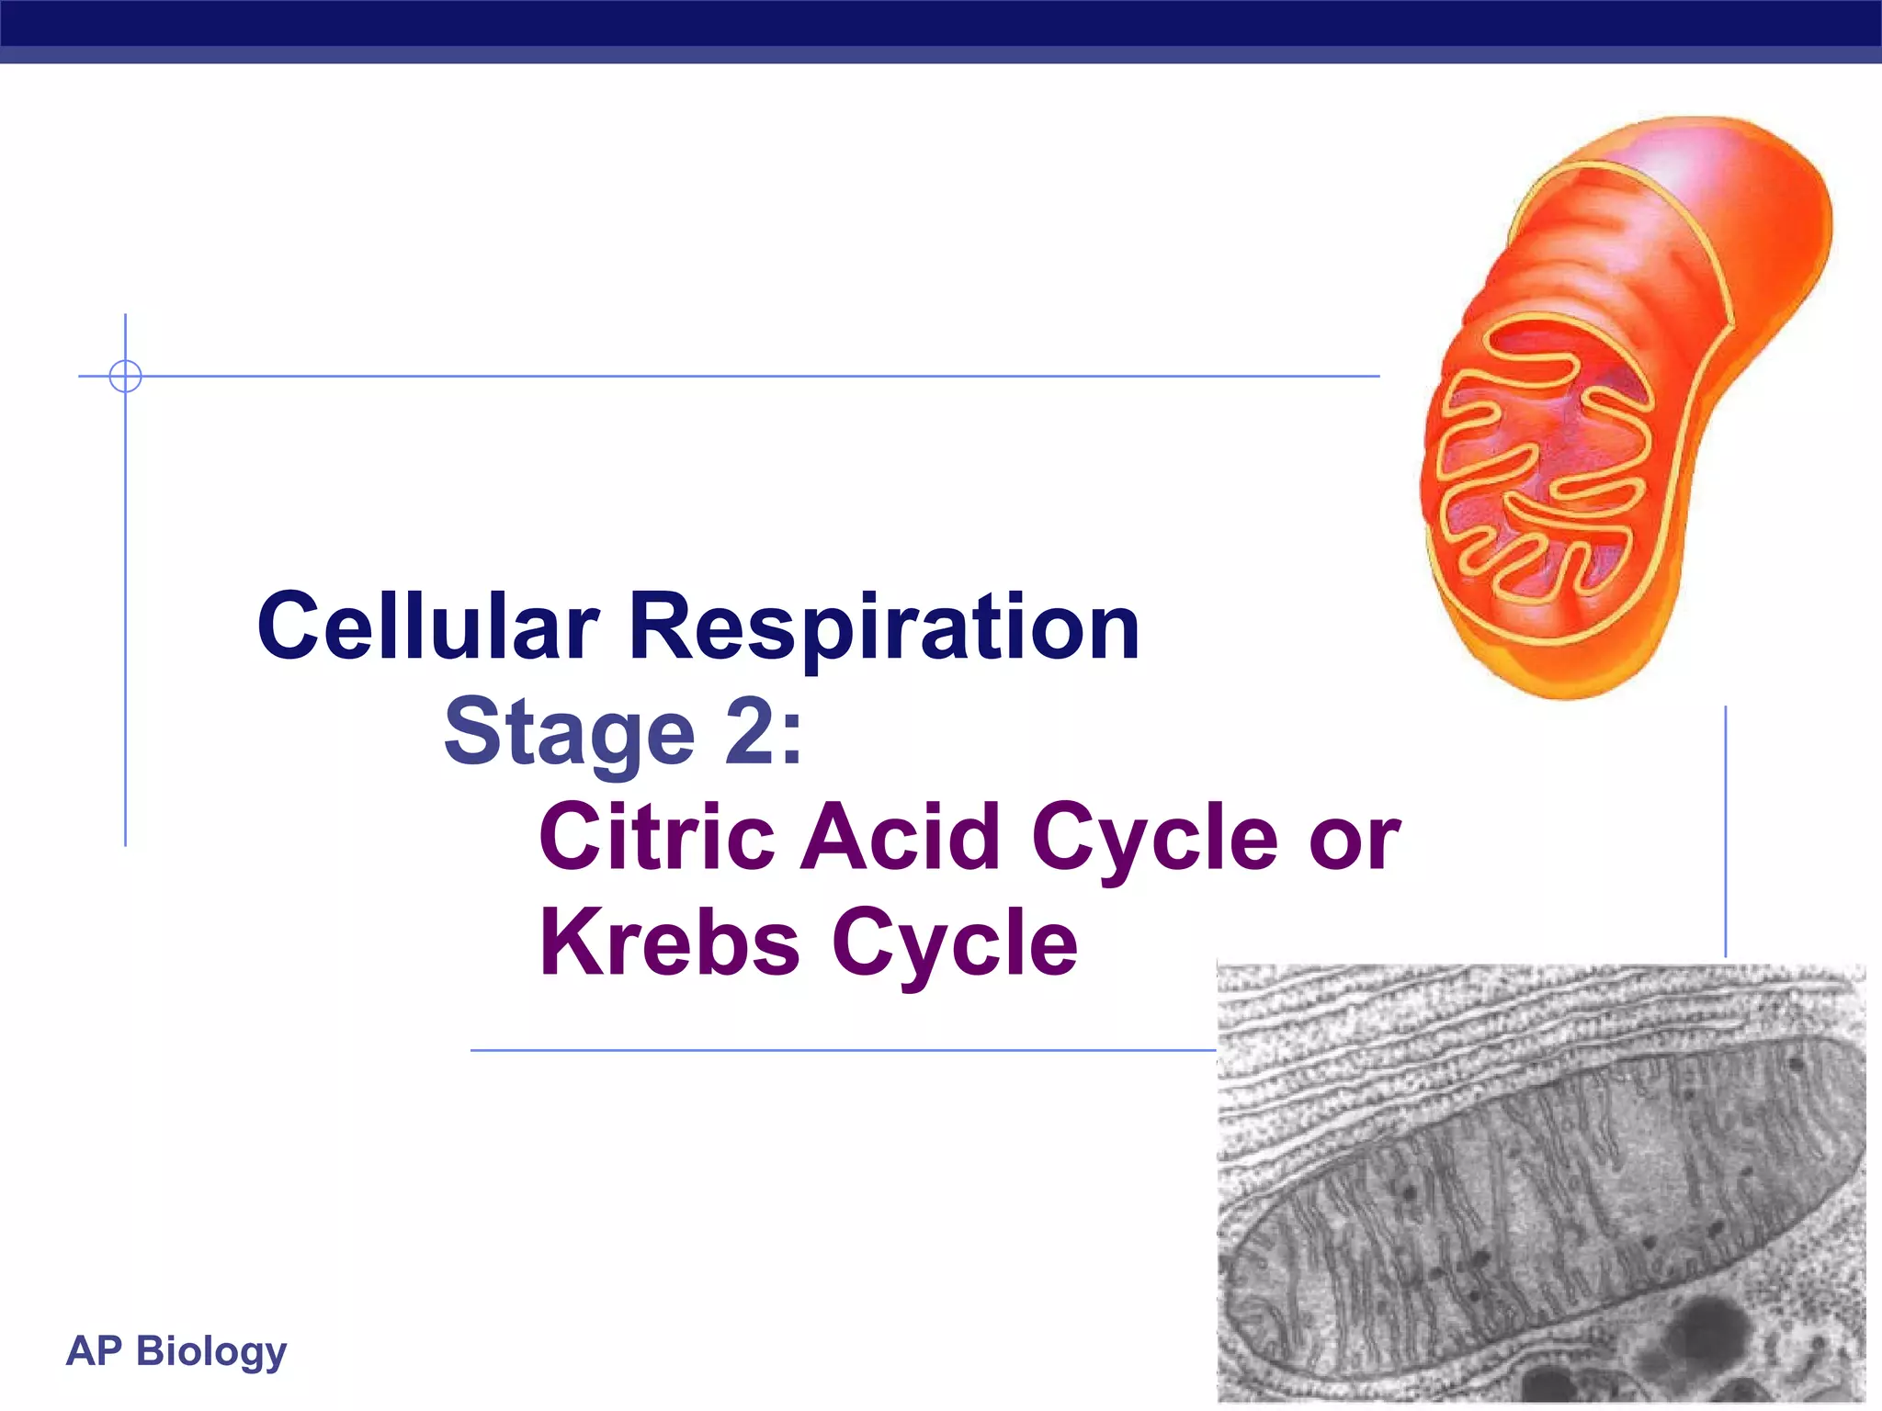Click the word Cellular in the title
(428, 626)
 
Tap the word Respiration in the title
(884, 628)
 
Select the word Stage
(570, 733)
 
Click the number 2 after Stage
(752, 731)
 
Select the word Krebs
(669, 942)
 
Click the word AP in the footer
(94, 1351)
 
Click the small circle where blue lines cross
(125, 376)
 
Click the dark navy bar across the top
(941, 22)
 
